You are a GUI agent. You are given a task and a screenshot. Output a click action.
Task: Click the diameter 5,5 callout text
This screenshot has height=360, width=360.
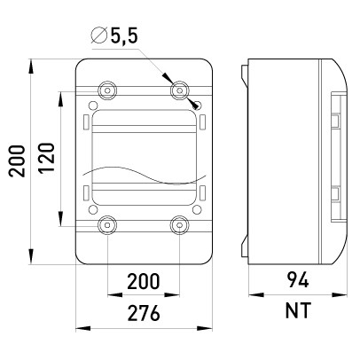[x=114, y=35]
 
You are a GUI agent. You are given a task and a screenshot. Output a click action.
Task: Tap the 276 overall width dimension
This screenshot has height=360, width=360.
[x=144, y=313]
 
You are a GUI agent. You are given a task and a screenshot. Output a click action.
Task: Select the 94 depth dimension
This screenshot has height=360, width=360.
[x=298, y=280]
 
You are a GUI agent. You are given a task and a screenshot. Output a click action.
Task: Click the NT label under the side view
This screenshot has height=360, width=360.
[x=298, y=310]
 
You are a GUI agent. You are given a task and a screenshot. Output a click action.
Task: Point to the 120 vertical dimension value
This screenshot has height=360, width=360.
[x=47, y=158]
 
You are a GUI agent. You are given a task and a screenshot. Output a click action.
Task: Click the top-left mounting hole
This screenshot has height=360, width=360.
[x=107, y=90]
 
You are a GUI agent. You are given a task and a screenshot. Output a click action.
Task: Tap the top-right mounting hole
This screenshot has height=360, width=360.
[x=179, y=90]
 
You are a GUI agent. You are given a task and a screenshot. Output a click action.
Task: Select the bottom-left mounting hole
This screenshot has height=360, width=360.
[x=107, y=225]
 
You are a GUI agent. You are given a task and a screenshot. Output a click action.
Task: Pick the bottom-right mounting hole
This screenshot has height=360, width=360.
[x=179, y=225]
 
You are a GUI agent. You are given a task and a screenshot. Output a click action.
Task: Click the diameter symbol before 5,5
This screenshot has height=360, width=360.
[x=99, y=35]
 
